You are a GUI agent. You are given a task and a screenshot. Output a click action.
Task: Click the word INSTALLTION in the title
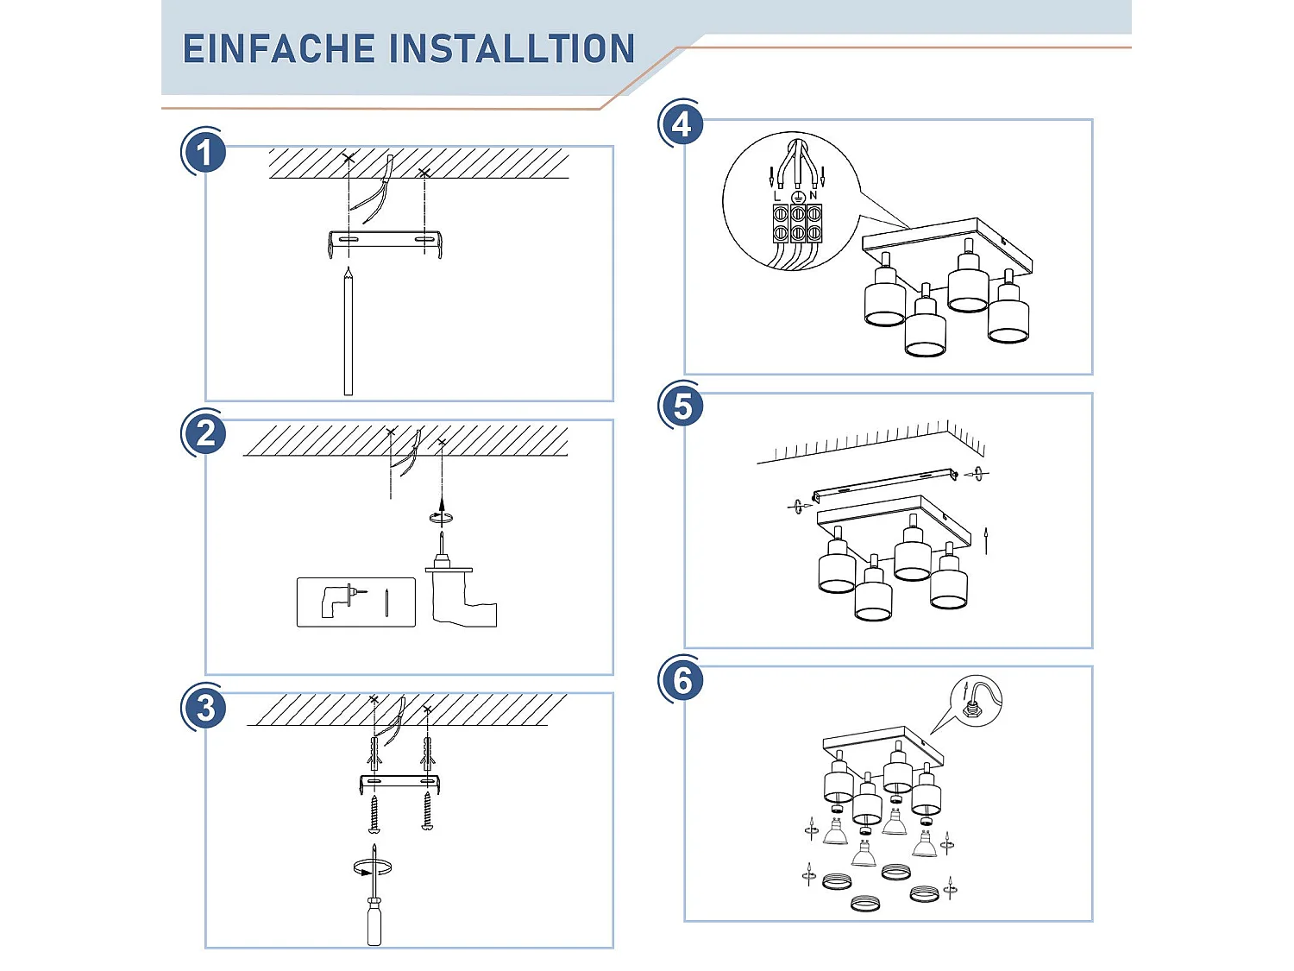[512, 49]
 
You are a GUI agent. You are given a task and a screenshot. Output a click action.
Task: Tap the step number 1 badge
[204, 153]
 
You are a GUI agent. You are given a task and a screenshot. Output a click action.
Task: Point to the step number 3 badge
[205, 708]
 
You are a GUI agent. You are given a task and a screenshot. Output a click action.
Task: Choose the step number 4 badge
[682, 125]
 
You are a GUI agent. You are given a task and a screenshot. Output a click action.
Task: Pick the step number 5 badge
[682, 406]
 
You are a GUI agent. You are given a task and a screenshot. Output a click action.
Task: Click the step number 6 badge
[682, 680]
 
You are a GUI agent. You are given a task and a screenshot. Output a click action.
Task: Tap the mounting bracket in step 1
[386, 241]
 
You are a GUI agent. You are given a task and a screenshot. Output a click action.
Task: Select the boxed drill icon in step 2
[355, 602]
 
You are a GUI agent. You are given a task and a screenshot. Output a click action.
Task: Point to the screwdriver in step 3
[374, 906]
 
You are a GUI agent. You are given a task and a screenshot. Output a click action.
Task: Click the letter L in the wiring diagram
[777, 197]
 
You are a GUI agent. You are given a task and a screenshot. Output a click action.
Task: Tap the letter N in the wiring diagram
[813, 196]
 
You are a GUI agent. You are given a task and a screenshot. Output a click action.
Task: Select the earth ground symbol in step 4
[798, 198]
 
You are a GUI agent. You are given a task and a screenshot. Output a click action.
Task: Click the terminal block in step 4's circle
[797, 223]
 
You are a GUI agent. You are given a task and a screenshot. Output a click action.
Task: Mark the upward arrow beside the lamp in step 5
[986, 539]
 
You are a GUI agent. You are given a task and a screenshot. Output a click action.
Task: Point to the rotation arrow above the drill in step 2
[441, 517]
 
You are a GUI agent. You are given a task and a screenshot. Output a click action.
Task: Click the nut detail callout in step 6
[976, 701]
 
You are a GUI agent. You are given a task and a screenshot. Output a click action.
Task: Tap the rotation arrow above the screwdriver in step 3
[373, 867]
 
